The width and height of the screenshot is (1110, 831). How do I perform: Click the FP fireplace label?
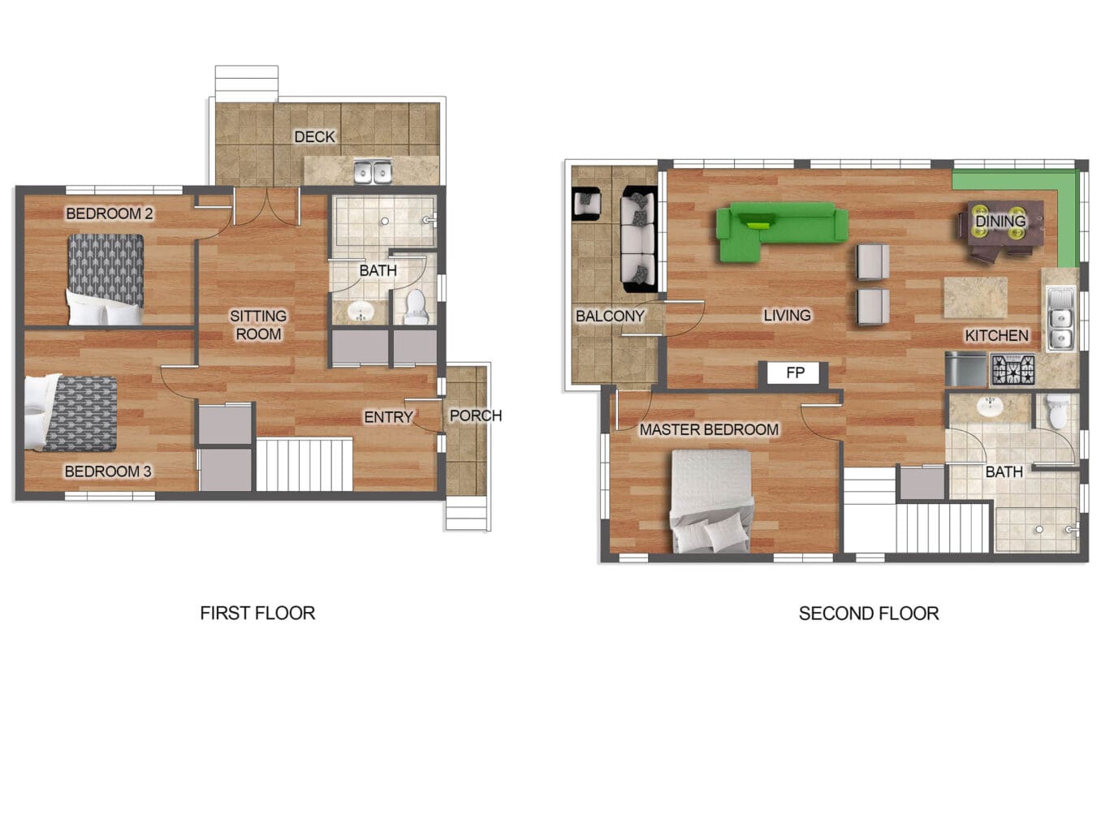(795, 372)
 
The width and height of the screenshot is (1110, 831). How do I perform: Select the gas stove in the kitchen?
(1013, 370)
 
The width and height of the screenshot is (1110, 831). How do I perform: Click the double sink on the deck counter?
(372, 172)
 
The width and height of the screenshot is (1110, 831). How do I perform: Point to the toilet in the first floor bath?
(417, 307)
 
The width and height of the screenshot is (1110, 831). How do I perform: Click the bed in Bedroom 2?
(106, 279)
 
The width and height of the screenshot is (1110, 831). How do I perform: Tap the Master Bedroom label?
(709, 430)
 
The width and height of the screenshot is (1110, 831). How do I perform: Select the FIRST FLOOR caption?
(257, 614)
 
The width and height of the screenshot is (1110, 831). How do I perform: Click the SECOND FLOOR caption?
(869, 614)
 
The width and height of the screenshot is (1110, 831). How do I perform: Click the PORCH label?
(475, 415)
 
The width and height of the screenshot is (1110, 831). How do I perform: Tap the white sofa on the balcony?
(639, 239)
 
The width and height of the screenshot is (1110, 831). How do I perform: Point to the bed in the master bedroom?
(711, 501)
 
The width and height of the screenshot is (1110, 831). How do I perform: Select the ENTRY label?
(388, 417)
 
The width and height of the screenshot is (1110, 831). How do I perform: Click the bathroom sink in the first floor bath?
(360, 311)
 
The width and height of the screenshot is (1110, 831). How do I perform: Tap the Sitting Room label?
(258, 325)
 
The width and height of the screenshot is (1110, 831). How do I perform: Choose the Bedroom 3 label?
(108, 471)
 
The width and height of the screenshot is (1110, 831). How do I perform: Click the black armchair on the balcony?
(586, 204)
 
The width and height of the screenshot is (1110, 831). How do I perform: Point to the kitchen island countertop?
(975, 298)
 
